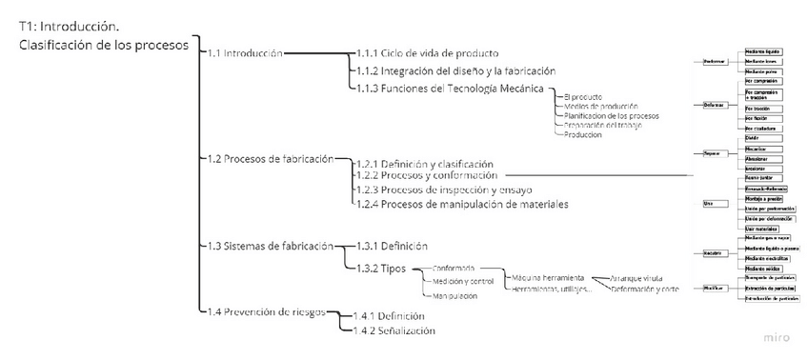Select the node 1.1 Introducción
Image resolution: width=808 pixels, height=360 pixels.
coord(245,53)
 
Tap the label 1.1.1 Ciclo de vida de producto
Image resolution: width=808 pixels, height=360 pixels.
coord(427,52)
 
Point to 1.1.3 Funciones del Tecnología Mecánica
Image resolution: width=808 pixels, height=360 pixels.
coord(450,89)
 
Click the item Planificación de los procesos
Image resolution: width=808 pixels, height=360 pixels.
coord(612,115)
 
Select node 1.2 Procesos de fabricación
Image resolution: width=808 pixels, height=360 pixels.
coord(271,158)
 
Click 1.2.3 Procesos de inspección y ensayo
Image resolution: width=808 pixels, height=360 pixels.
coord(439,190)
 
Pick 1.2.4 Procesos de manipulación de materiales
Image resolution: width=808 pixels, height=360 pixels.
coord(461,204)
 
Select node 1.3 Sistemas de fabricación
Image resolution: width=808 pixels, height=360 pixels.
coord(271,246)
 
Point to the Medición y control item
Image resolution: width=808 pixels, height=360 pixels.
coord(463,282)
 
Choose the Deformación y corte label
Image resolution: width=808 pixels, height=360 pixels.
coord(644,289)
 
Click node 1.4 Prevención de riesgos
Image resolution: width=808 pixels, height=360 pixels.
coord(267,311)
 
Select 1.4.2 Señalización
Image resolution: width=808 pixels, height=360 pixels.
coord(394,330)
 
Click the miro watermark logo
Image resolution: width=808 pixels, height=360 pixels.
coord(777,338)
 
